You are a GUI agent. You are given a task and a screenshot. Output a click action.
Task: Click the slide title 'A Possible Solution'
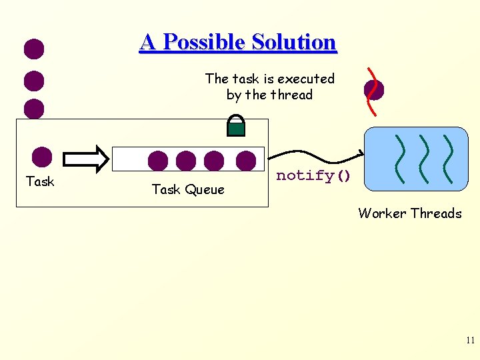click(238, 42)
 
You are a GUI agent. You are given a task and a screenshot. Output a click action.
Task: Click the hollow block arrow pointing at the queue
click(85, 159)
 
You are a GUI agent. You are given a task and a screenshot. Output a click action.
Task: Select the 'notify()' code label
click(313, 175)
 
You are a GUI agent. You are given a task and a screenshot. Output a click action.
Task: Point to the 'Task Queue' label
click(188, 189)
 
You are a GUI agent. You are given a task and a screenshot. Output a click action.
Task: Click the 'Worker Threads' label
click(409, 213)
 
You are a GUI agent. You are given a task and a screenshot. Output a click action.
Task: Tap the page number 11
click(470, 341)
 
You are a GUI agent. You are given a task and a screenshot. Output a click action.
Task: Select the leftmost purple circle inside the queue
click(158, 161)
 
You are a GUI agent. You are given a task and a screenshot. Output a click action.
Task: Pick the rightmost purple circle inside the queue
click(246, 160)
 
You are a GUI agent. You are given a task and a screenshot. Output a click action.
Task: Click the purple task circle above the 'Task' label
click(42, 157)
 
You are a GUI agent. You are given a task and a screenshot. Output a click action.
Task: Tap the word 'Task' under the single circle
click(40, 181)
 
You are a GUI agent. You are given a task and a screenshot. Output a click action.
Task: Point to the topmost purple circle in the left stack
click(34, 49)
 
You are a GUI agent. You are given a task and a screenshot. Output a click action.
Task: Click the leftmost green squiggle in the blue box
click(400, 160)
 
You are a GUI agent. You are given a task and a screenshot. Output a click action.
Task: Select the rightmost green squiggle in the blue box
click(447, 160)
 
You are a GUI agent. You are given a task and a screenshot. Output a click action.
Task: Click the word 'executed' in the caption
click(301, 79)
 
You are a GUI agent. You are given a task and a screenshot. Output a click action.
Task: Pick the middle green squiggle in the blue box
click(424, 160)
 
